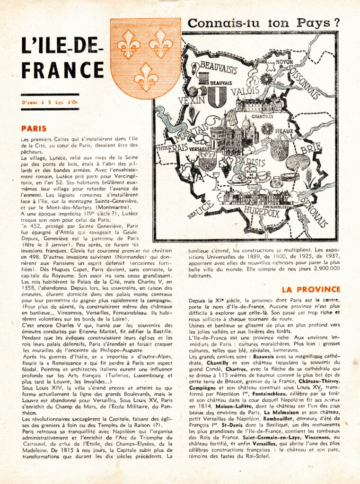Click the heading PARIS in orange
point(34,128)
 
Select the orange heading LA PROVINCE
point(311,289)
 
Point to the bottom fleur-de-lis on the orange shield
point(145,77)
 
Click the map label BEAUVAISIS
point(218,69)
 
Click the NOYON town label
point(285,62)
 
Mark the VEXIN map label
point(192,100)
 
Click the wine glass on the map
point(216,180)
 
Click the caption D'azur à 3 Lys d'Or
point(43,102)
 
